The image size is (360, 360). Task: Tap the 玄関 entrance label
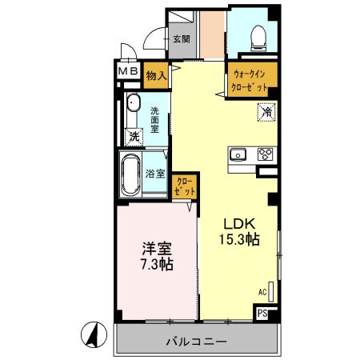click(x=180, y=38)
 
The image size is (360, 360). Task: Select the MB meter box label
click(x=129, y=71)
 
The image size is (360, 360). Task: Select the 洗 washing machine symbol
click(x=134, y=136)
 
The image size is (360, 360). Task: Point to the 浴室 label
click(x=156, y=174)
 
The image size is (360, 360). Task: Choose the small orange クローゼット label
click(x=185, y=187)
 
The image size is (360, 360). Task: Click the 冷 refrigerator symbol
click(x=266, y=114)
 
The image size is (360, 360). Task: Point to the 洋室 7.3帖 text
click(x=155, y=255)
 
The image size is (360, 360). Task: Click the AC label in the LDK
click(x=262, y=294)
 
